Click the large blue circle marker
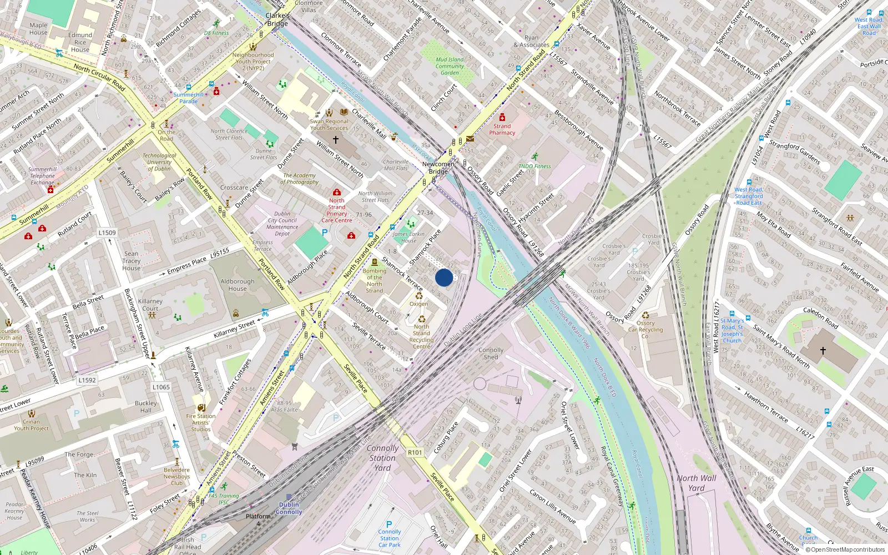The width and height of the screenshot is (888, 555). point(444,277)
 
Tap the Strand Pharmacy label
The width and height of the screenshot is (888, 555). point(502,129)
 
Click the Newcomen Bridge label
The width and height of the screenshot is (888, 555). point(438,168)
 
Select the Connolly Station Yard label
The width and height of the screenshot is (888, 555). point(382,458)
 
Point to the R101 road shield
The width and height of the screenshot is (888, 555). point(415,452)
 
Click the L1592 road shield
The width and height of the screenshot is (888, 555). point(87,380)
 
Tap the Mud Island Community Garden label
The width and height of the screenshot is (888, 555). point(450,66)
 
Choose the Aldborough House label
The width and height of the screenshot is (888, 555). point(237,285)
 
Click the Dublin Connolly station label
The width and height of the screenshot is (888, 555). point(289,508)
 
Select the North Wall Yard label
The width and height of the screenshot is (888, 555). point(696,483)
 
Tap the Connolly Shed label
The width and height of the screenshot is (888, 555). point(491,354)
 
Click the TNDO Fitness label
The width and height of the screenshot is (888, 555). point(534,166)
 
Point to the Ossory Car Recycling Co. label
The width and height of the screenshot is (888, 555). point(645,330)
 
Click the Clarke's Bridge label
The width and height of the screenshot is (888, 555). point(277,19)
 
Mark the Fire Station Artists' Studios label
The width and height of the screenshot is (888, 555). point(201,422)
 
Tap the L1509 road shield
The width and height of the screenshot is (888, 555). point(107,233)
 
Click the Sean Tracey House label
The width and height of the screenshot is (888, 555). point(132,261)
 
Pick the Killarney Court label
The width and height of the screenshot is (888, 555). point(150,305)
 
